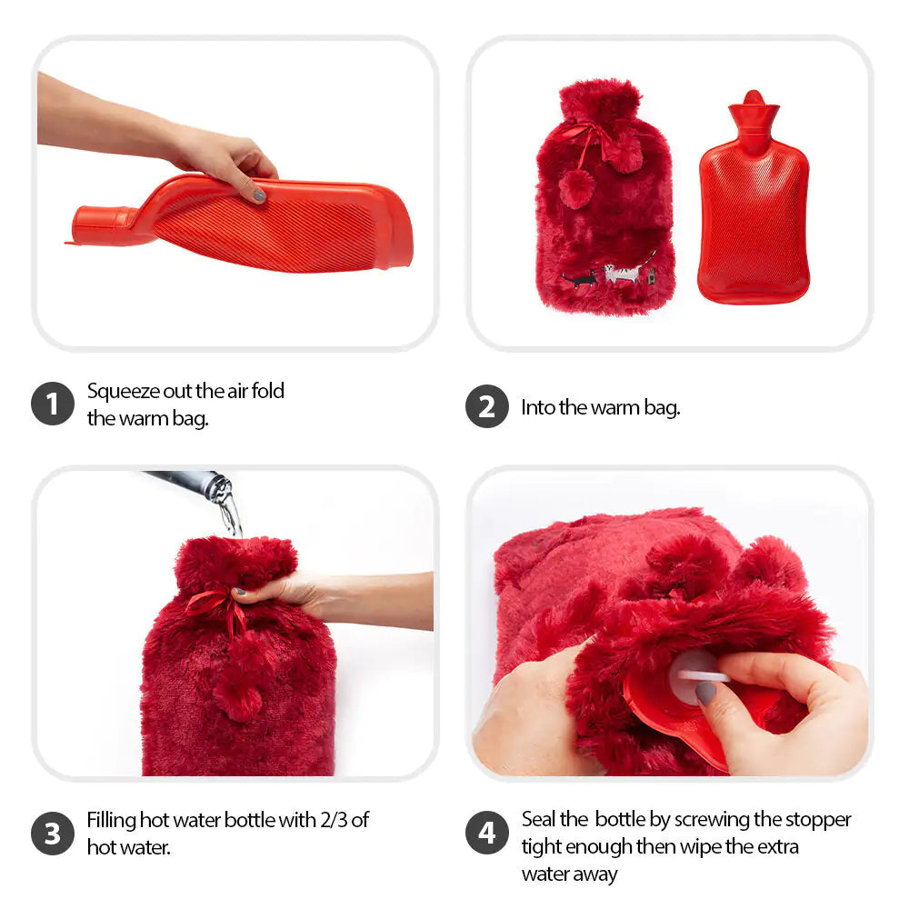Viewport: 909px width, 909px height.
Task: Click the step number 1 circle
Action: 52,404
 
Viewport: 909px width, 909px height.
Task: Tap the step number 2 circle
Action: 487,406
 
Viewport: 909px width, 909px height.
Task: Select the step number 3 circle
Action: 52,833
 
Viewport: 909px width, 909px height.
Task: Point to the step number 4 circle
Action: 487,833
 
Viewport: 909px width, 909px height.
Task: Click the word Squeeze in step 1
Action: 124,391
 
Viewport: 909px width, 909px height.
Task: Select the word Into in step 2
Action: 538,407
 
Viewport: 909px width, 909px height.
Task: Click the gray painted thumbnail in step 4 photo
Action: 706,693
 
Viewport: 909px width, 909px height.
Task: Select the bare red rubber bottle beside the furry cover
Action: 753,197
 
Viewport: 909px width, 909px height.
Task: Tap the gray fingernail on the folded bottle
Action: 259,195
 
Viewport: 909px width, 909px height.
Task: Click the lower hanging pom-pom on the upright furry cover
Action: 576,190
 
